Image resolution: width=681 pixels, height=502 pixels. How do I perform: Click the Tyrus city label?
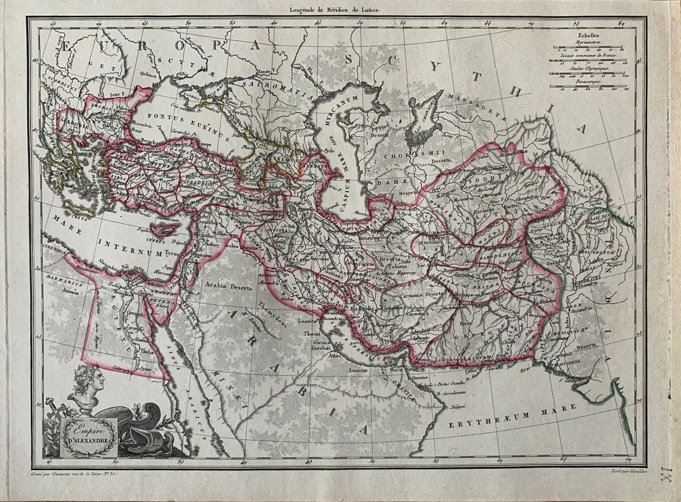pos(171,254)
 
